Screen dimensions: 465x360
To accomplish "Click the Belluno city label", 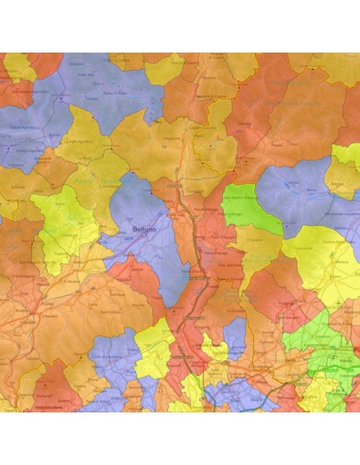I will coord(139,229).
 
